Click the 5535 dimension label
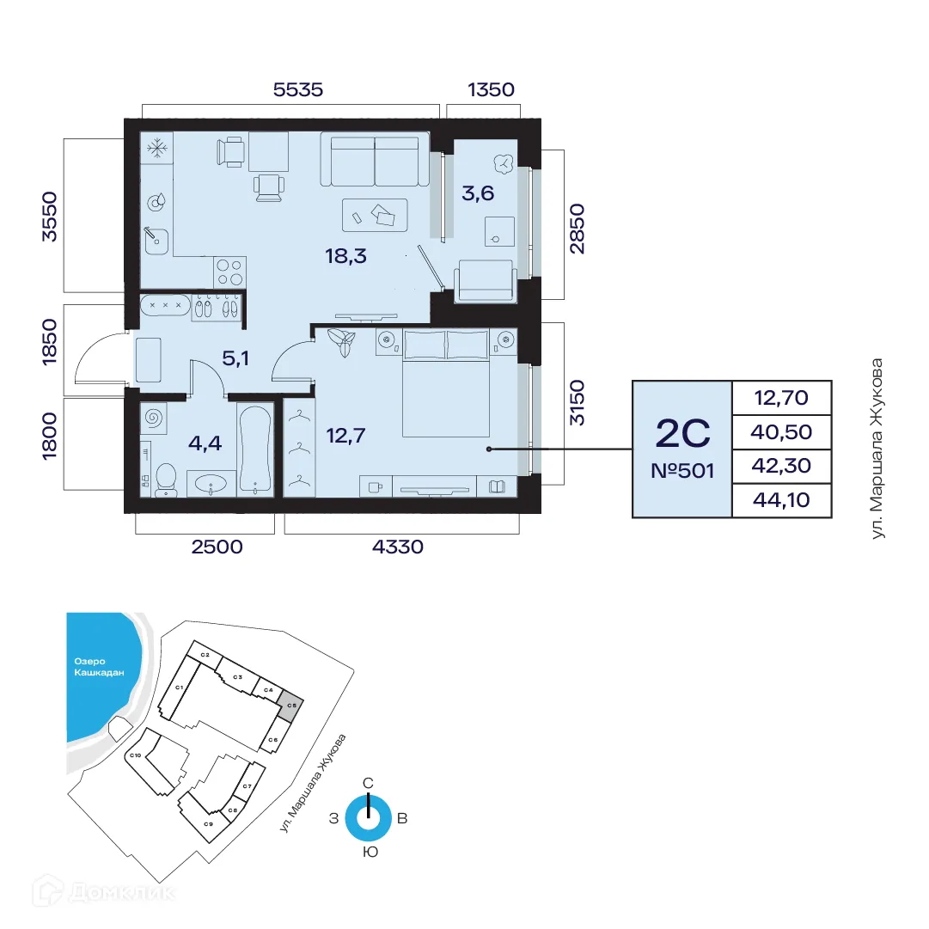coord(298,89)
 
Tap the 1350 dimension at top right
coord(490,89)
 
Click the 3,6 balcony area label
coord(478,193)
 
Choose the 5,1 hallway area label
coord(235,358)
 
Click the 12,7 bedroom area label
coord(346,436)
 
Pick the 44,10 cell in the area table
coord(781,499)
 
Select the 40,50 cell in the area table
coord(781,431)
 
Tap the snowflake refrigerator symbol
coord(156,149)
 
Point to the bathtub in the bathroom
coord(255,449)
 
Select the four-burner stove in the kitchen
coord(229,272)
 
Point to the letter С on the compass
coord(368,783)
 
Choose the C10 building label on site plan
coord(135,755)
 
